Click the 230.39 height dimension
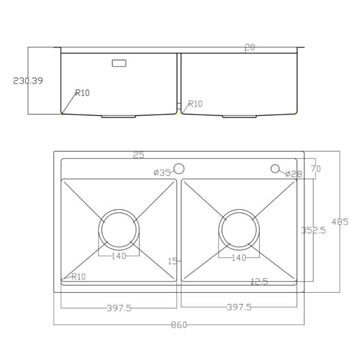[28, 81]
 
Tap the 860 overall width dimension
[179, 325]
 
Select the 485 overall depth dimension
[340, 222]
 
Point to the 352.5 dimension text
[313, 230]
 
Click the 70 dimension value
[316, 169]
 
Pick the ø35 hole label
[162, 173]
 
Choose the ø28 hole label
[293, 174]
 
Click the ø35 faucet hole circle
[179, 169]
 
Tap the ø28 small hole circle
[275, 169]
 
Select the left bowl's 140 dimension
[119, 256]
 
